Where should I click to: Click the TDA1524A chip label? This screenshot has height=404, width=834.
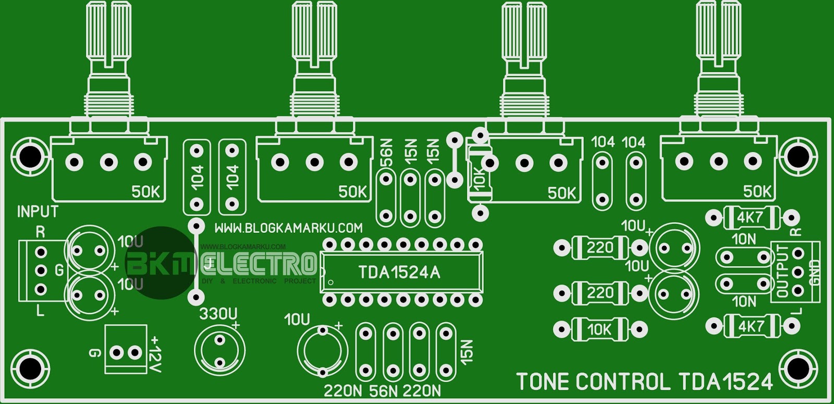[399, 272]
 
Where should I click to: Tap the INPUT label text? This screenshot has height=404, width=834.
[38, 211]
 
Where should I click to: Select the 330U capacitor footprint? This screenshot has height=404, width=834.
[219, 351]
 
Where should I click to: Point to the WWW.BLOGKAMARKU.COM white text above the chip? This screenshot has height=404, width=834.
[288, 228]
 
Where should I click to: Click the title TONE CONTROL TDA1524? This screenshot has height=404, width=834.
[644, 382]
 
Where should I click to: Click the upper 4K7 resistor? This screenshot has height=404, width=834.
[750, 218]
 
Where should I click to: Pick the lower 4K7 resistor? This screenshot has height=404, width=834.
[751, 326]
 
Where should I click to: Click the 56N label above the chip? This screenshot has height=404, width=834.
[386, 151]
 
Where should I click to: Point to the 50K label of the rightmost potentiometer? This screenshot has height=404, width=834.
[757, 192]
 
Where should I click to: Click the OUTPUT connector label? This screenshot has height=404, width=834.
[782, 271]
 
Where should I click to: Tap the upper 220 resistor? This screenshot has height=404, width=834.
[599, 247]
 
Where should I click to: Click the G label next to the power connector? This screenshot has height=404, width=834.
[94, 353]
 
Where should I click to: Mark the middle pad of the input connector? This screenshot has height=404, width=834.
[41, 270]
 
